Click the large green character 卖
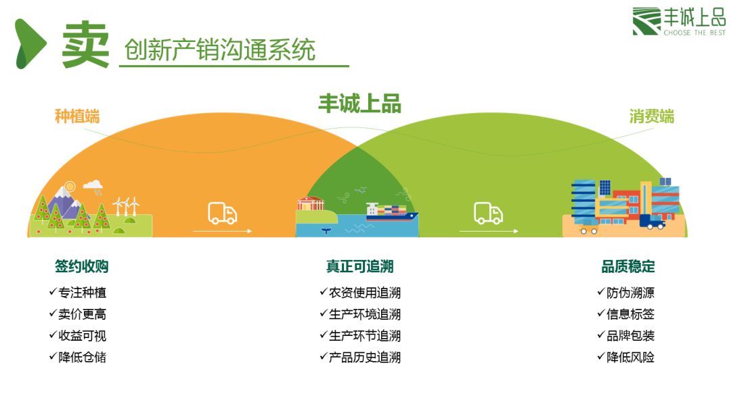tap(85, 44)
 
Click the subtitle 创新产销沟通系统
tap(220, 50)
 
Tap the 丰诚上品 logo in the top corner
tap(678, 22)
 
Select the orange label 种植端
tap(77, 117)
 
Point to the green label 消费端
tap(652, 117)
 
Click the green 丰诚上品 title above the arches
tap(359, 104)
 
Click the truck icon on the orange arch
tap(222, 213)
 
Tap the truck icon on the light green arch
tap(488, 213)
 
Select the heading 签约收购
tap(82, 266)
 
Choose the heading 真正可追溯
tap(359, 266)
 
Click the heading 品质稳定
tap(628, 266)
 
